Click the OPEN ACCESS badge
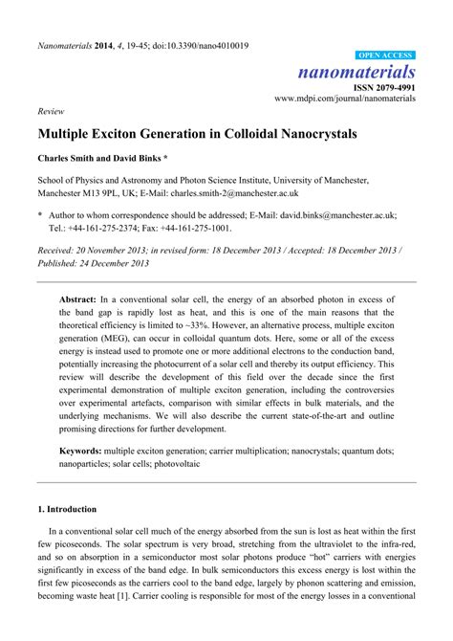(385, 56)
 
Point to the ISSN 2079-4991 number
(384, 87)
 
